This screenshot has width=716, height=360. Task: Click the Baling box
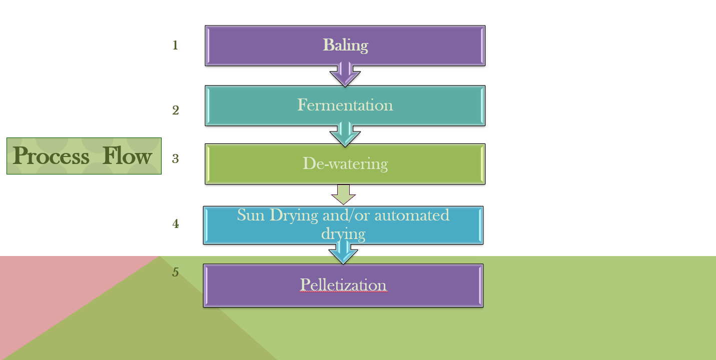click(x=345, y=45)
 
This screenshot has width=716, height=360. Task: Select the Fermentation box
click(x=345, y=105)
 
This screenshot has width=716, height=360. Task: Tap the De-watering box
click(x=345, y=164)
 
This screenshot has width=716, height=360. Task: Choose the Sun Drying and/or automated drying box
click(x=343, y=225)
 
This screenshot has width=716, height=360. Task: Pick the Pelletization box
click(x=343, y=285)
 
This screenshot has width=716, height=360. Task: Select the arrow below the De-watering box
click(x=344, y=194)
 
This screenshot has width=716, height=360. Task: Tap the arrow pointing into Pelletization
click(x=343, y=253)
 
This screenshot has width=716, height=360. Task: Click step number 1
click(x=175, y=45)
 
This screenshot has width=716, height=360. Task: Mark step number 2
click(x=176, y=110)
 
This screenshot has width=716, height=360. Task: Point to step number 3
click(x=176, y=159)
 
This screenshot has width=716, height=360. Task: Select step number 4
click(x=176, y=224)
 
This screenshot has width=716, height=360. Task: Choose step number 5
click(x=176, y=272)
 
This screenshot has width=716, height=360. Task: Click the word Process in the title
click(x=51, y=156)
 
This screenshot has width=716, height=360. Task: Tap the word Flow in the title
click(x=127, y=156)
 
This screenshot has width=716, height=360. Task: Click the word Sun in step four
click(x=251, y=215)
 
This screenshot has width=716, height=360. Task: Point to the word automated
click(x=412, y=215)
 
